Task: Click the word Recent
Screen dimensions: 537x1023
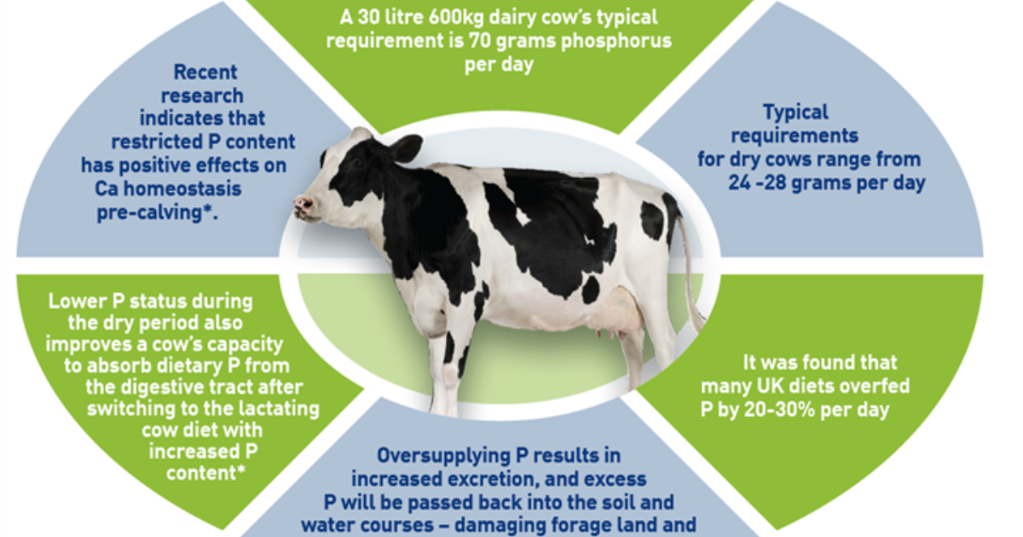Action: (205, 72)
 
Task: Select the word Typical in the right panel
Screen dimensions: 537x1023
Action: (796, 112)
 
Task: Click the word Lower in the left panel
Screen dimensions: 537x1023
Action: (78, 301)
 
